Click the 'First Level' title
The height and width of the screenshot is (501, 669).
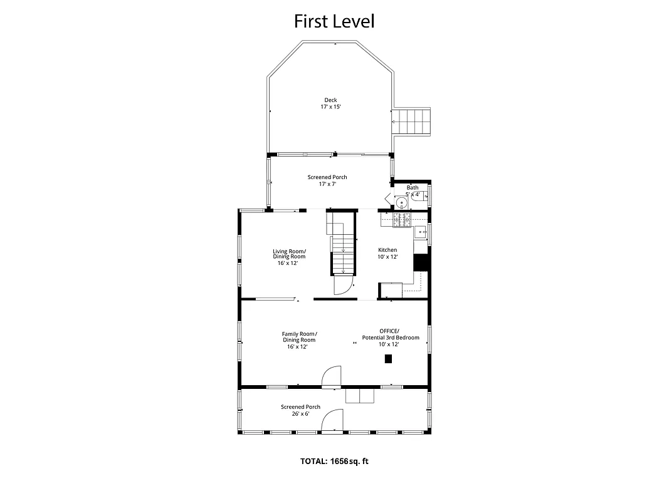(334, 21)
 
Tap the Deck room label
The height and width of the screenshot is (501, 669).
(330, 100)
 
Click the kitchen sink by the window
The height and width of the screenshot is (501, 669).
(419, 232)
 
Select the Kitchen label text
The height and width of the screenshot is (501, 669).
(387, 250)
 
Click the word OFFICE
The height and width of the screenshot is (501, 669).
(389, 331)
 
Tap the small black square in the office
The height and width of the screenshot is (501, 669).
(388, 359)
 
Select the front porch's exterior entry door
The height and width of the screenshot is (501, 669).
(332, 421)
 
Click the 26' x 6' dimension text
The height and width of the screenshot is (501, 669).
(300, 413)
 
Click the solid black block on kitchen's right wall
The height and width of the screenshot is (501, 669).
(420, 261)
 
